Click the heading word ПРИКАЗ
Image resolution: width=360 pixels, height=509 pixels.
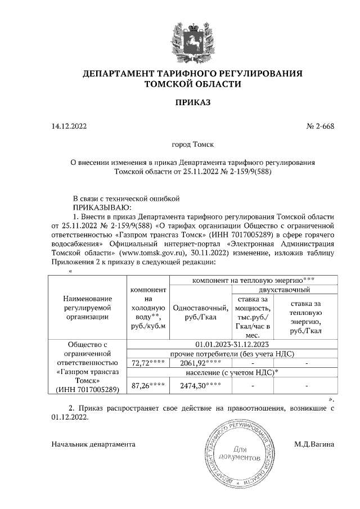click(192, 102)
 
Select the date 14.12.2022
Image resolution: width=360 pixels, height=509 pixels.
click(69, 127)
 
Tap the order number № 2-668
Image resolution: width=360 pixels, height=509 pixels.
click(320, 127)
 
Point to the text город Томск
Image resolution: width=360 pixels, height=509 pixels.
click(192, 145)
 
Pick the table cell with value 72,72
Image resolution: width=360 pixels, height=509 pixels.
click(147, 363)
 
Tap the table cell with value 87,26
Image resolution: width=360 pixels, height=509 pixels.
click(147, 386)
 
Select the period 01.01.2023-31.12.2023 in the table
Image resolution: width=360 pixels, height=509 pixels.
click(232, 344)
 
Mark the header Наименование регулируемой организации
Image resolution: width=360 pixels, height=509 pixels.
click(88, 308)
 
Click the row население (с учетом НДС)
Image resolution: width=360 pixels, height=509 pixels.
click(232, 372)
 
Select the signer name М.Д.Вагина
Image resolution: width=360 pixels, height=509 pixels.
click(314, 444)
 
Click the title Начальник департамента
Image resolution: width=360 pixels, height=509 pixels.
click(93, 444)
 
